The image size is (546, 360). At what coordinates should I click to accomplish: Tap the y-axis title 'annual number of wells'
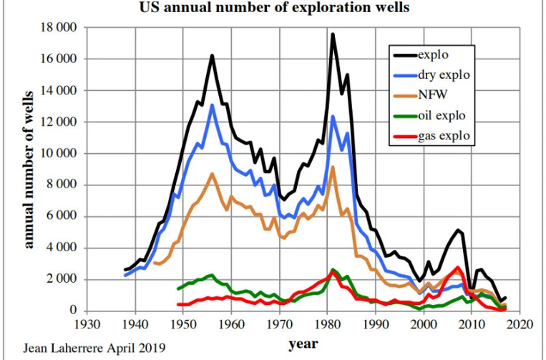(x=29, y=169)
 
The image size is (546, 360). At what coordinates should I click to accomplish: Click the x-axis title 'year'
(x=303, y=344)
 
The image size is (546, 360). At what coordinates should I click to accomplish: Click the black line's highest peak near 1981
(x=333, y=34)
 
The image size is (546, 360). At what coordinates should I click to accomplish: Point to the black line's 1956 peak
(x=212, y=56)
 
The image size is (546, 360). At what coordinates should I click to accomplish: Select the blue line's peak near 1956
(x=212, y=105)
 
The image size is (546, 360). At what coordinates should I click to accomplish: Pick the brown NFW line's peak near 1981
(x=333, y=167)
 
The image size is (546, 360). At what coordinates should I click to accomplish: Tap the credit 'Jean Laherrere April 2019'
(x=84, y=349)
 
